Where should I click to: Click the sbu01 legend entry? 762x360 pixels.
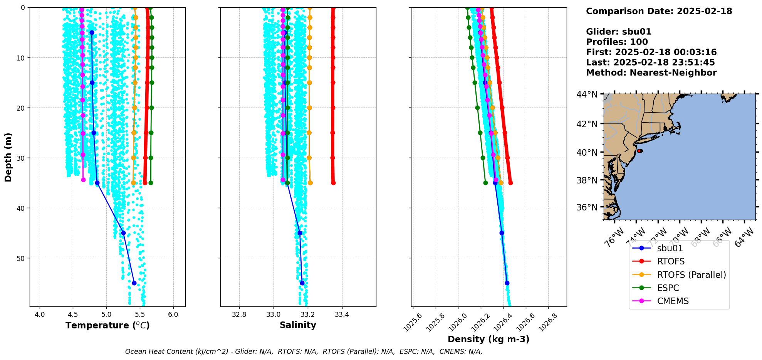pos(670,248)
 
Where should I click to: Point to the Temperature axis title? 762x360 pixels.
pos(107,325)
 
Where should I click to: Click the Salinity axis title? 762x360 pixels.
pos(298,325)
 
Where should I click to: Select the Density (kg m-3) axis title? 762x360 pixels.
pos(488,339)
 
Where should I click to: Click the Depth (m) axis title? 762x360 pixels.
pos(8,157)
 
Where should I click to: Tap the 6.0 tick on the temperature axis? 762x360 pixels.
pos(173,315)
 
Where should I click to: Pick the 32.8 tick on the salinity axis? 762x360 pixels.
pos(239,315)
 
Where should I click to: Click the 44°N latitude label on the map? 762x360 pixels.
pos(587,94)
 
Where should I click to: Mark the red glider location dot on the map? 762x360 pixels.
pos(639,151)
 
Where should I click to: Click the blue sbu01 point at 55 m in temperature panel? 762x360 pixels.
pos(134,283)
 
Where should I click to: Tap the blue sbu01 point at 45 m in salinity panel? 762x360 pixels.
pos(300,233)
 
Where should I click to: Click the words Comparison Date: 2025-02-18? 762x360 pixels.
pos(659,11)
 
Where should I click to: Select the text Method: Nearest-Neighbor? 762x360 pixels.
pos(651,73)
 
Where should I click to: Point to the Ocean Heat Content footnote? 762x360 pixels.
pos(304,352)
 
